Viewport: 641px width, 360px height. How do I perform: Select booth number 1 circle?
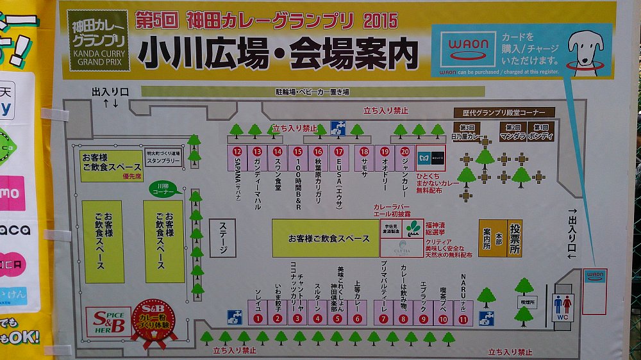tap(258, 318)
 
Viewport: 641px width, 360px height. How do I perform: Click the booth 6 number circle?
tap(358, 318)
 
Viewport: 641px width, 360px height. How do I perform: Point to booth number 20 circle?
tap(404, 151)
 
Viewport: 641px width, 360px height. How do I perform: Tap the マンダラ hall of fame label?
tap(512, 131)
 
